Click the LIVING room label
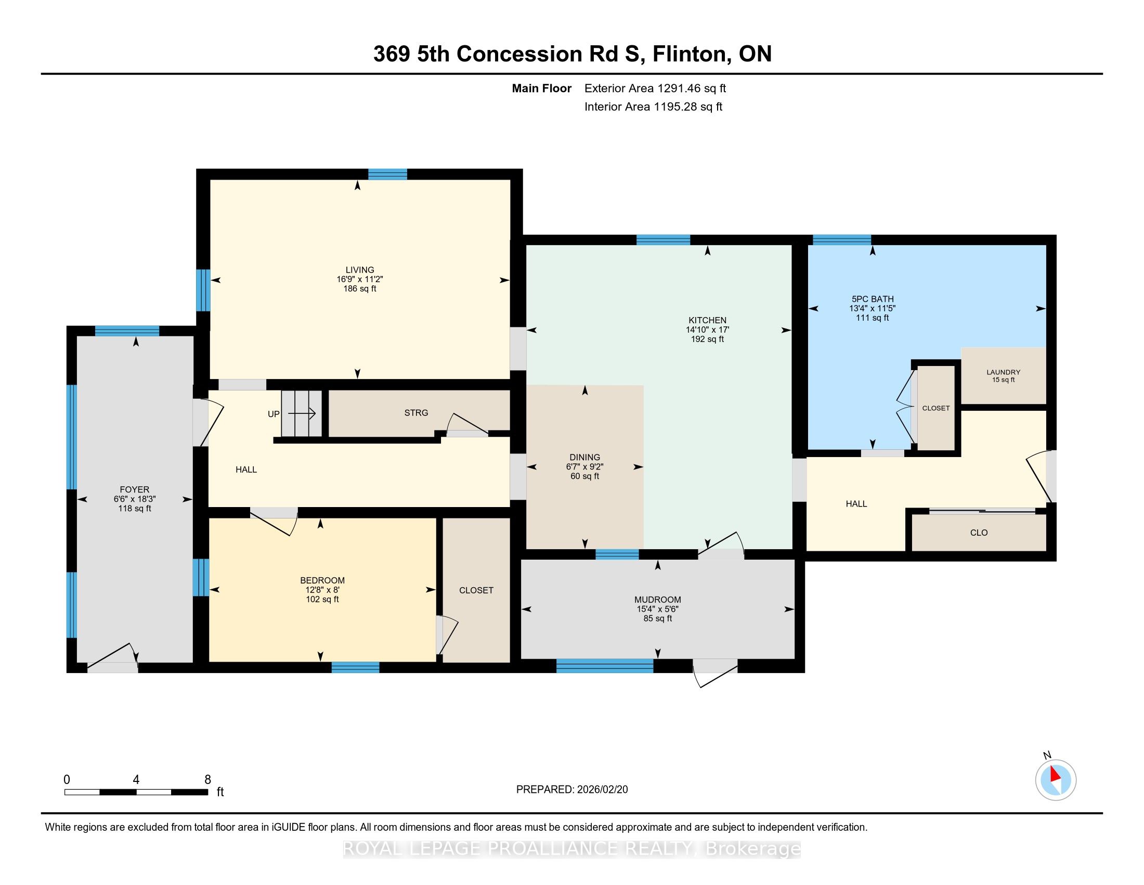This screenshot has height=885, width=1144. point(360,270)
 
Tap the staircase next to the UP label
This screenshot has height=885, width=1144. point(301,413)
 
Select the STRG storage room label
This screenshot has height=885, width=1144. point(416,413)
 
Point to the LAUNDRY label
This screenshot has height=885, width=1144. point(1003,372)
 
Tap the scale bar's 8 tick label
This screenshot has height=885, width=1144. point(207,780)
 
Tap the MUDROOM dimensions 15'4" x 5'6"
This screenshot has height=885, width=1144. point(657,609)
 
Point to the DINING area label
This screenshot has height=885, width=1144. point(584,457)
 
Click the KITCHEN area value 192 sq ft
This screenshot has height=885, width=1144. point(707,339)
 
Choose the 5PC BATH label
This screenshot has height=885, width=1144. point(872,299)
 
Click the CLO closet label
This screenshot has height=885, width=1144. point(979,533)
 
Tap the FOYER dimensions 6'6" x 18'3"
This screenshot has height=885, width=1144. point(135,499)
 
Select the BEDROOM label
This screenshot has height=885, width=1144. point(322,580)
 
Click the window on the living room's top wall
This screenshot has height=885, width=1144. point(387,174)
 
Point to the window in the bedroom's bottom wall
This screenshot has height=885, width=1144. point(355,667)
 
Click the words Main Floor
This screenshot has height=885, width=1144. point(542,88)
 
